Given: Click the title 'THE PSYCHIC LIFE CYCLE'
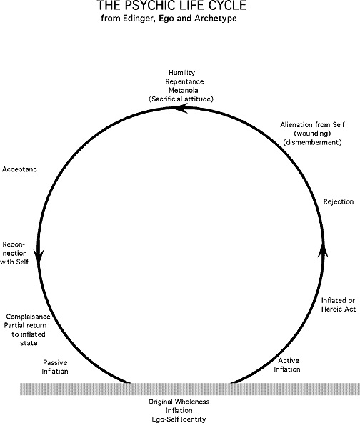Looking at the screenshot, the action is [x=171, y=6].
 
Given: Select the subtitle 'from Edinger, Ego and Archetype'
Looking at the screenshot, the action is [x=169, y=19].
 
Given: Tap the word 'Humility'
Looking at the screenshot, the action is [x=181, y=73].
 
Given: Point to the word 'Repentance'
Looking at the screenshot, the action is [x=184, y=81].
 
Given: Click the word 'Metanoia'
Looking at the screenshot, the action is [x=184, y=90].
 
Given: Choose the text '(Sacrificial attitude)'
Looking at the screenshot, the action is [x=181, y=99].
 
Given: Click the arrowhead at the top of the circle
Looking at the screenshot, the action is [x=181, y=109].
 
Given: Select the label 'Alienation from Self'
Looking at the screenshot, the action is [x=312, y=125].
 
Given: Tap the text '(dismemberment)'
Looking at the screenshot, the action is [x=312, y=142].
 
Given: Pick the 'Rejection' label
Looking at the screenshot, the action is [x=339, y=201].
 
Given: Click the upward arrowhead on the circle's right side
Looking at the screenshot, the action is [x=323, y=249].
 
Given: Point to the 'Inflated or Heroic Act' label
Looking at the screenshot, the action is [x=339, y=304].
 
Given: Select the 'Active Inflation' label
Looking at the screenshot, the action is [x=287, y=364].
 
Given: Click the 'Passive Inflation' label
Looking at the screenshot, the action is [x=55, y=367].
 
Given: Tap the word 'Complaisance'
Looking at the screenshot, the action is [x=29, y=317].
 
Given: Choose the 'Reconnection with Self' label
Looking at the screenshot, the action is [x=14, y=253].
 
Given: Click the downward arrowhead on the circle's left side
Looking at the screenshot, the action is [x=39, y=256].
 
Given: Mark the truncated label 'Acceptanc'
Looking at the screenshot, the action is [x=19, y=169].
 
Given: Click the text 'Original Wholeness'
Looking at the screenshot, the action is [x=179, y=402].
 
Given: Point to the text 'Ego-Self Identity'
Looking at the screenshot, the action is [x=179, y=419].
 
